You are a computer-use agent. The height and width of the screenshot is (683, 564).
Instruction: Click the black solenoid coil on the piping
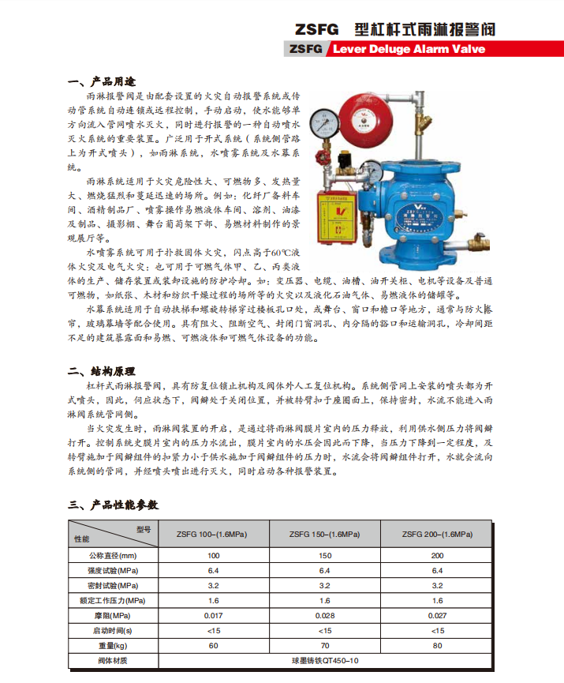(344, 160)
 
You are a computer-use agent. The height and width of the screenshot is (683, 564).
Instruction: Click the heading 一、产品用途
(103, 81)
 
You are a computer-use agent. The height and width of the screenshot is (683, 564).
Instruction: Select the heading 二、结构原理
(103, 370)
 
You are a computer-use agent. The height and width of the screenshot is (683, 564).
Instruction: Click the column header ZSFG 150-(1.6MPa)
(324, 534)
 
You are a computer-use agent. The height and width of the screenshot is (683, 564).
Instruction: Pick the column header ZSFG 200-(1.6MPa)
(437, 534)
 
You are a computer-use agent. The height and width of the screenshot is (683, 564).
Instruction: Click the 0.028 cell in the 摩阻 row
(324, 615)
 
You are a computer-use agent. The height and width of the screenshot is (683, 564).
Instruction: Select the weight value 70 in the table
(324, 645)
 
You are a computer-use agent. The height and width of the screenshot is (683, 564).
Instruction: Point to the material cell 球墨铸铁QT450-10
(324, 660)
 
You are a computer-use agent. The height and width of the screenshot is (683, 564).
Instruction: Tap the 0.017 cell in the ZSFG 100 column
(213, 615)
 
